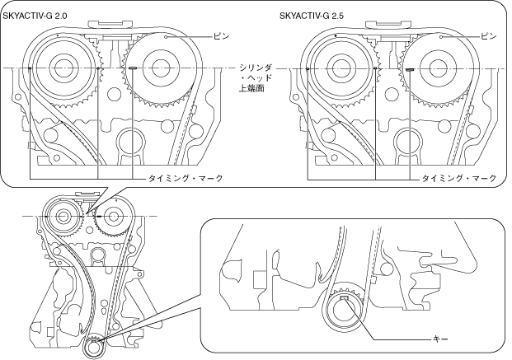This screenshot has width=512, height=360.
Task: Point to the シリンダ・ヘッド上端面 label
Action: [x=249, y=76]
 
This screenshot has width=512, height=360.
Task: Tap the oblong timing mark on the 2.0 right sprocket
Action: [x=132, y=69]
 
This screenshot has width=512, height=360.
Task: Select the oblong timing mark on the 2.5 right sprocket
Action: [x=409, y=70]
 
